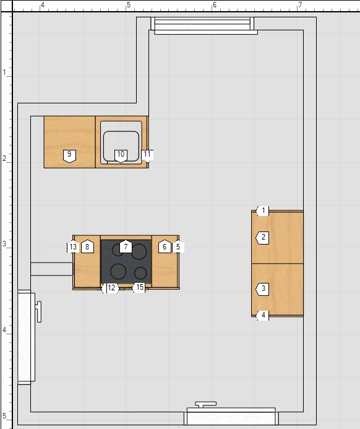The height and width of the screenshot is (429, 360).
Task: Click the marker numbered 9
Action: [69, 156]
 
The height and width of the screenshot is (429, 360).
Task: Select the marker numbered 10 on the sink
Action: [121, 156]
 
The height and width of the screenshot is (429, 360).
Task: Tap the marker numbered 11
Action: [147, 156]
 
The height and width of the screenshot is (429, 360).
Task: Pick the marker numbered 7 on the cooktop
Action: [126, 246]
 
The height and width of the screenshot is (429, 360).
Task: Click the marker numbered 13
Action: [73, 247]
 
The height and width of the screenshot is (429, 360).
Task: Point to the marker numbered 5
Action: [178, 247]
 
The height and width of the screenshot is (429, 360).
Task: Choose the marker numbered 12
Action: [111, 288]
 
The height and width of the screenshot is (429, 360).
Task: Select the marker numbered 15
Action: [139, 288]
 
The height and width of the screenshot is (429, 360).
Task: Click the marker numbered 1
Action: [262, 210]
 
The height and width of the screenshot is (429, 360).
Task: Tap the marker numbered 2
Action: [262, 238]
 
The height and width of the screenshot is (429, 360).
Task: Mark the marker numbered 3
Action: [262, 289]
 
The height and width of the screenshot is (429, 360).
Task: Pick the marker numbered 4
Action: [262, 315]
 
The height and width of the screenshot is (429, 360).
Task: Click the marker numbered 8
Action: [87, 246]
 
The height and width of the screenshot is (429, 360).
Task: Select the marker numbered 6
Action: [165, 246]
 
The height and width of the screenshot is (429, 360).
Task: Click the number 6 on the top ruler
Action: [215, 5]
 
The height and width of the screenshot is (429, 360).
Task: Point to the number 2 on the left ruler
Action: [4, 158]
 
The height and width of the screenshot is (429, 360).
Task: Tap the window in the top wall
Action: [202, 25]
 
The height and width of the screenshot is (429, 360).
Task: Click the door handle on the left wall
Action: [39, 311]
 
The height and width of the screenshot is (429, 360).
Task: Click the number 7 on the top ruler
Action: [301, 5]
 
